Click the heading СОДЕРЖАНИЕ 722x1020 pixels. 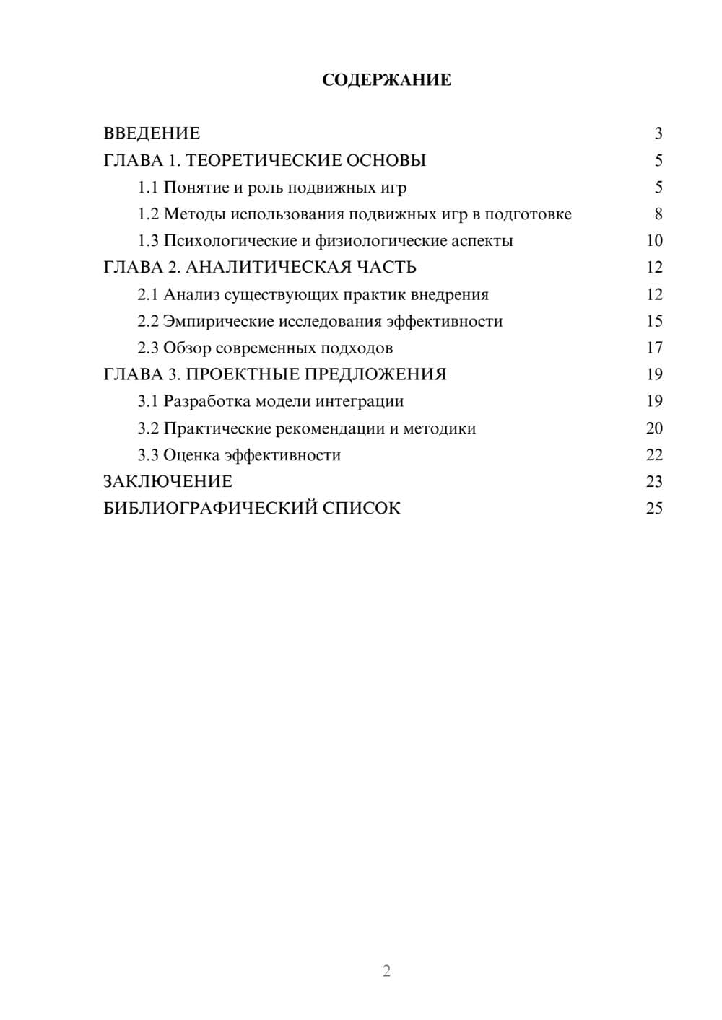[386, 80]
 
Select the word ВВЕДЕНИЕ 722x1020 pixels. [152, 133]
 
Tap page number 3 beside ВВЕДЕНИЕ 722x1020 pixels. [658, 133]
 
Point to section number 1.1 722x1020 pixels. [148, 188]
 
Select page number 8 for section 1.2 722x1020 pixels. [658, 214]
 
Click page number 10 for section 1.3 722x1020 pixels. [654, 241]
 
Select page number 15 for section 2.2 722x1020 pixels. [654, 321]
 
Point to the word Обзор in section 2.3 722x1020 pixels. [186, 348]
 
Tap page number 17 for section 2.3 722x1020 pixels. [654, 348]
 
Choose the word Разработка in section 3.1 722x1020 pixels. [207, 401]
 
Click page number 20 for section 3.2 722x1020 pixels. [654, 428]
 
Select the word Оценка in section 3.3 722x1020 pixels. [191, 455]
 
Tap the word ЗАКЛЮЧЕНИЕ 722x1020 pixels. [168, 482]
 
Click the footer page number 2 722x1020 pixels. [386, 971]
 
